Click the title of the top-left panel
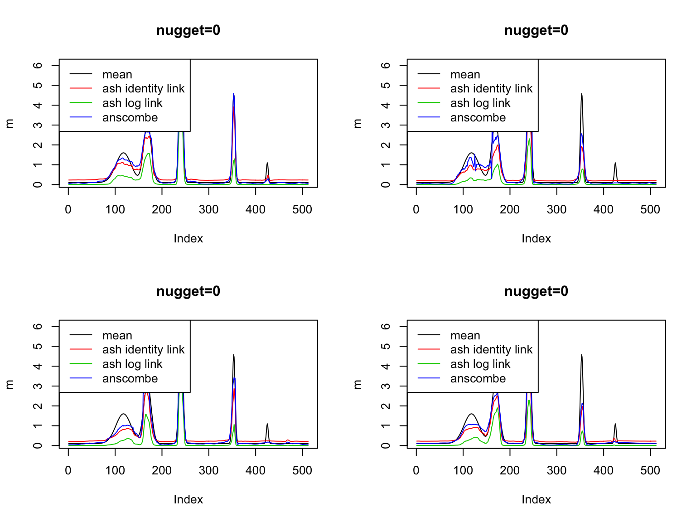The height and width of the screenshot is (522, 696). [x=188, y=30]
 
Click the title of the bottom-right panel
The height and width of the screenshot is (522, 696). [x=536, y=291]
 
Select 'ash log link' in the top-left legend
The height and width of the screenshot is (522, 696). [x=132, y=103]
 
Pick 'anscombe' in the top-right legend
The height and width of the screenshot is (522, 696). [x=478, y=118]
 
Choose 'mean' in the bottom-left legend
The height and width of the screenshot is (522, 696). [x=117, y=336]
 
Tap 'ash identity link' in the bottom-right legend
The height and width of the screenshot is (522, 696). [x=491, y=350]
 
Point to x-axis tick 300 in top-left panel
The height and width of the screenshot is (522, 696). [x=209, y=209]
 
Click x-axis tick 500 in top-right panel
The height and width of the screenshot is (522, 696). [x=650, y=209]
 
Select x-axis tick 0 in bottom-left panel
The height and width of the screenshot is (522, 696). [x=68, y=470]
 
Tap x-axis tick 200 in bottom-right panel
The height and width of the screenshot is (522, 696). [x=510, y=470]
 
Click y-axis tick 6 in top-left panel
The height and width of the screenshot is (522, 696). [x=38, y=65]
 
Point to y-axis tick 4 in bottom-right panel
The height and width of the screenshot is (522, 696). [x=386, y=366]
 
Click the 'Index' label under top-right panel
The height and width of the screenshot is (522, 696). [x=536, y=239]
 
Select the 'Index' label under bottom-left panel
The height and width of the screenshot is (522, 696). [x=188, y=500]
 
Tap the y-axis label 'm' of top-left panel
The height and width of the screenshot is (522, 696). [x=10, y=123]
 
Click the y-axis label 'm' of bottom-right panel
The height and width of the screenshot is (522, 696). [x=358, y=384]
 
